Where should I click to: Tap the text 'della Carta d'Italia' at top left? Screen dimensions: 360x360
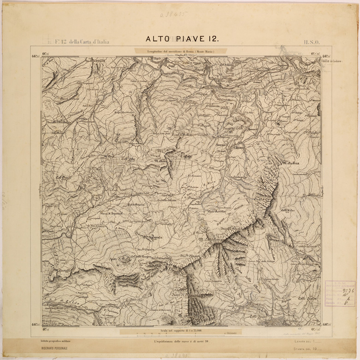(x=89, y=42)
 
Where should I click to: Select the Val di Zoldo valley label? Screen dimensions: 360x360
(x=62, y=302)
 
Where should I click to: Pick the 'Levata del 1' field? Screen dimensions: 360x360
(x=308, y=341)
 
